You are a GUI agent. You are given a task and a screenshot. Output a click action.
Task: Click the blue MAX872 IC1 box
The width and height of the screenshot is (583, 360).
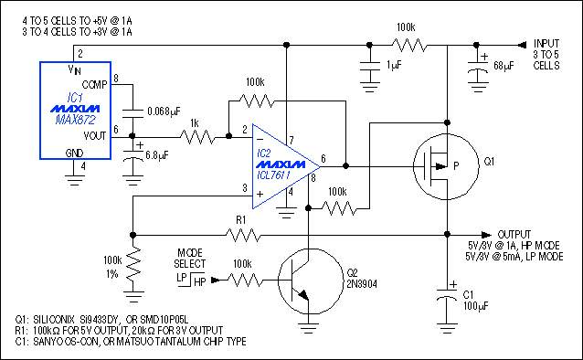[76, 111]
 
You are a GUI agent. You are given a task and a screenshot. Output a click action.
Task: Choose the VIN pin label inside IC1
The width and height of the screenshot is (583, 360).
[76, 69]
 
